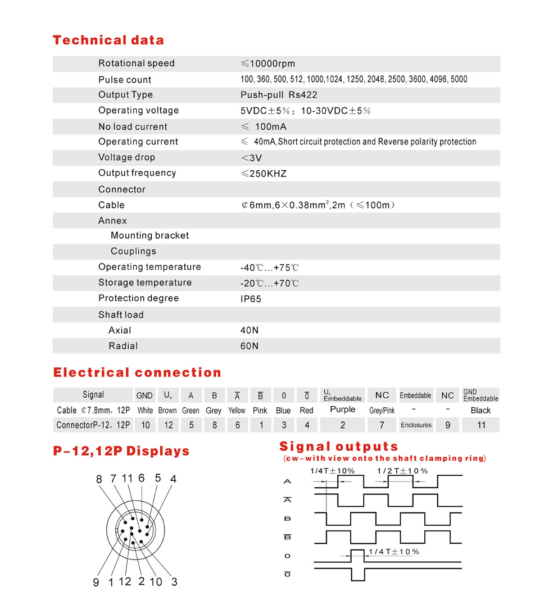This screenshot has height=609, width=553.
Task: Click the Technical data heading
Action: coord(108,40)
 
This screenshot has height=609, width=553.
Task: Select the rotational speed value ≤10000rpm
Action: coord(268,63)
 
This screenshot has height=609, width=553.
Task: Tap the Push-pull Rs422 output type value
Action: coord(279,95)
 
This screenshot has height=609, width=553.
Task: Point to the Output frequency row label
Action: coord(137,173)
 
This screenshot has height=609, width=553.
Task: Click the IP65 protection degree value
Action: coord(251,299)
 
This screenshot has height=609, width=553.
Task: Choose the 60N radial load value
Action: coord(250,346)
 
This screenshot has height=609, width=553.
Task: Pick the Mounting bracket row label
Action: coord(149,235)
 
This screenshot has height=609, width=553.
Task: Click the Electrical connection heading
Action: coord(137,372)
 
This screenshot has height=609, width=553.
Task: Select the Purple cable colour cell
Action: coord(343,410)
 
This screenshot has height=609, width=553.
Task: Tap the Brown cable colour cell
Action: coord(167,411)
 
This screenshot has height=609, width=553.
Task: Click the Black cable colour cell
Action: coord(481,410)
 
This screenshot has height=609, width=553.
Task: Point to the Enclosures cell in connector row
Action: coord(416,425)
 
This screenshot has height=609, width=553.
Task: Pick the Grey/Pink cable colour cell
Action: coord(382,411)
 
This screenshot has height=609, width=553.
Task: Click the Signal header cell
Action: coord(93,395)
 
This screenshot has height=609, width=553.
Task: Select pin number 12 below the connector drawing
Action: coord(125,581)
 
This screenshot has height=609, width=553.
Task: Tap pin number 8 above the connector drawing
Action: coord(99,479)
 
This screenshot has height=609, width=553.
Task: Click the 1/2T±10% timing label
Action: coord(402,471)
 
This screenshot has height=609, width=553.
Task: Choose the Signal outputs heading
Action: coord(339,447)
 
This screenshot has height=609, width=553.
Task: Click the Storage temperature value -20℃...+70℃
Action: coord(270,283)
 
